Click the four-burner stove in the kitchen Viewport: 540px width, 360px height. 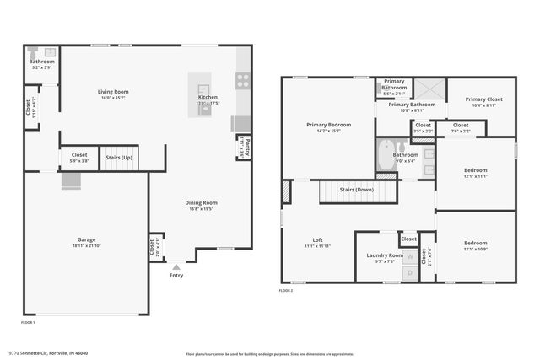243,81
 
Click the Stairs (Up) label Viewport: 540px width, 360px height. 119,158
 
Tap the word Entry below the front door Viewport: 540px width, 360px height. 176,276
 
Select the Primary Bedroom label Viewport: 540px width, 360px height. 328,125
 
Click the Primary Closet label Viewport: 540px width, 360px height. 482,99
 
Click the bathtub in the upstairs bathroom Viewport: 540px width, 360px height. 385,155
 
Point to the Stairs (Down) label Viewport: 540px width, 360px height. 357,191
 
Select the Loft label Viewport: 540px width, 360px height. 318,240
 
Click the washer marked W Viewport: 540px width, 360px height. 411,255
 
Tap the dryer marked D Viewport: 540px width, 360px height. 411,271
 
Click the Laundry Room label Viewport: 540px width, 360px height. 385,255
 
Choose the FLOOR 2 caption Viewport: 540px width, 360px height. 287,291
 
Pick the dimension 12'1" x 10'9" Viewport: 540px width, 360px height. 475,250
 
